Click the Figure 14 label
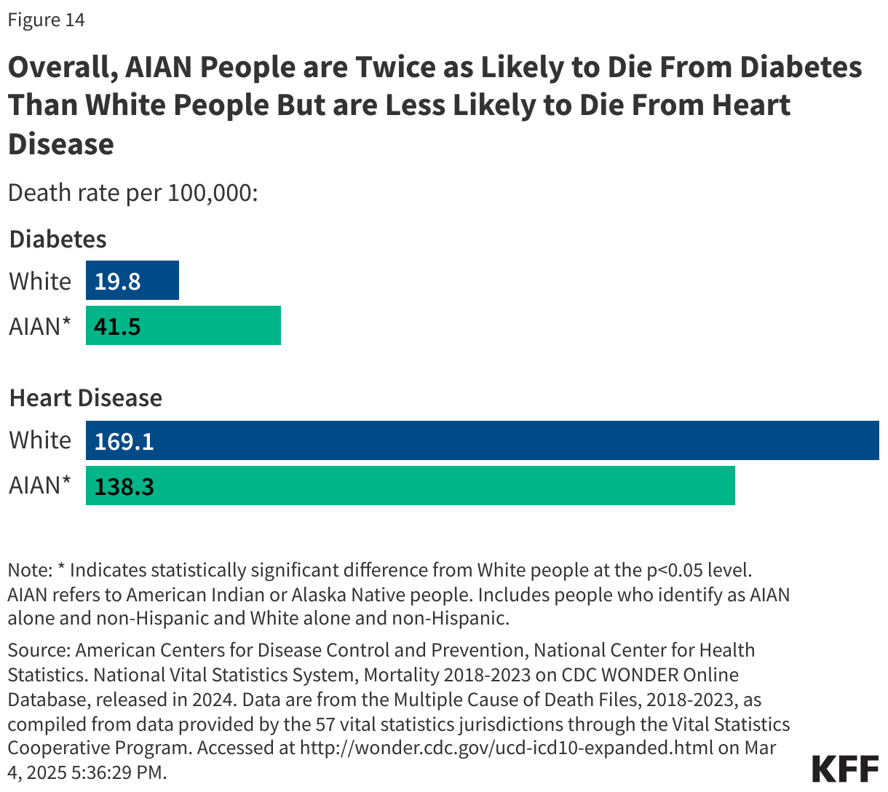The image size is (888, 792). click(47, 20)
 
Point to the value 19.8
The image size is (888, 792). click(117, 282)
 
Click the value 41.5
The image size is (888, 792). click(117, 326)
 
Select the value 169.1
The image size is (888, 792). click(124, 441)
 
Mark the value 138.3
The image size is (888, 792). click(124, 486)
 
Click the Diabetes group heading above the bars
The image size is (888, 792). click(58, 239)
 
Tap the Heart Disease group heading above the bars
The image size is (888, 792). click(85, 398)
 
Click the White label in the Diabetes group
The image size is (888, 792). click(40, 282)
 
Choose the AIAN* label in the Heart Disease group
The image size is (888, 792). click(40, 485)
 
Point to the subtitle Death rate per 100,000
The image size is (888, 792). click(132, 194)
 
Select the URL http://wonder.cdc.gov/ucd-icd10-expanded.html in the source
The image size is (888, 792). click(506, 748)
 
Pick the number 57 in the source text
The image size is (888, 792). click(325, 724)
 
